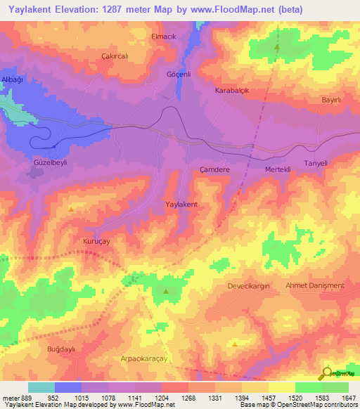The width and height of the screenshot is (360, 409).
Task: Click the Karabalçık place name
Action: tap(232, 91)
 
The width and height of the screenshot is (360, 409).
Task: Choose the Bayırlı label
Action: tap(331, 101)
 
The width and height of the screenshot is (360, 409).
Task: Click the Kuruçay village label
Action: tap(98, 239)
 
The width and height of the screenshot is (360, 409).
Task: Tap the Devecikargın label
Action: tap(248, 286)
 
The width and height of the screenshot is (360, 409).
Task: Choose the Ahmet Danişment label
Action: tap(315, 285)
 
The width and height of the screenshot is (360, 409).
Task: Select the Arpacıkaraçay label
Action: tap(152, 358)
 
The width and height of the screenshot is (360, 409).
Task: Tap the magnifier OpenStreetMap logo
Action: tap(328, 372)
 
